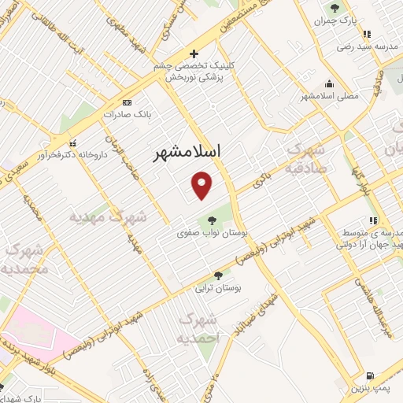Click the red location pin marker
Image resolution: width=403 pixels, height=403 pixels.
(202, 186)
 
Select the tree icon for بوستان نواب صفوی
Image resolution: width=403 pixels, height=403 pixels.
(210, 220)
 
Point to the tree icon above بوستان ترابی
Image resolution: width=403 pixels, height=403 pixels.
(218, 275)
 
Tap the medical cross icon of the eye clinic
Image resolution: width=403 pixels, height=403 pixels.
(194, 54)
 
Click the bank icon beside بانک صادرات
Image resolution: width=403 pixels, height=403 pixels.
(127, 102)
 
